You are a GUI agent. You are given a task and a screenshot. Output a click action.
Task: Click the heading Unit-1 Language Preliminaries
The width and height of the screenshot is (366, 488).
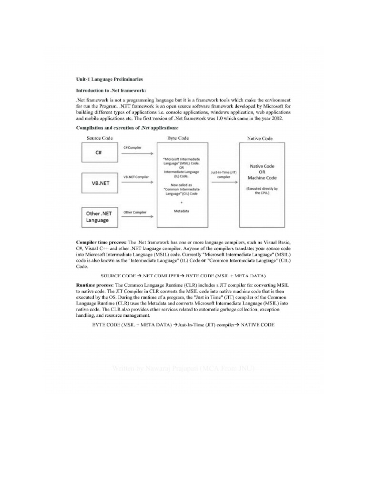point(109,79)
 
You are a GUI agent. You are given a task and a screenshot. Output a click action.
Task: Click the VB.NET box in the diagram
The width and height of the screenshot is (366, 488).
point(99,183)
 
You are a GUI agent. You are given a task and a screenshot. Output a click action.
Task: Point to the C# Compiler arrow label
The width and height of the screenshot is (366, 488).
point(132,148)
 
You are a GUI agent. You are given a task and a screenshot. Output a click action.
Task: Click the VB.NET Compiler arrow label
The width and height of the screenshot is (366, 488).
point(136,177)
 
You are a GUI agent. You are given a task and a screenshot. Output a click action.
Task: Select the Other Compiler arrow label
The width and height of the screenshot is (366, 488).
point(135,212)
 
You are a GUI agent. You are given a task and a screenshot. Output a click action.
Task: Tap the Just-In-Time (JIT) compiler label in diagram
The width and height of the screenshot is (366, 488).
point(224,174)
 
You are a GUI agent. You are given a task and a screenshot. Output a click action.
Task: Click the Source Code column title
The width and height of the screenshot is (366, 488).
point(100,138)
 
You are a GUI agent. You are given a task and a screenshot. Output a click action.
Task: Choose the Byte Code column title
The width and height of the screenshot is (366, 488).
point(178,138)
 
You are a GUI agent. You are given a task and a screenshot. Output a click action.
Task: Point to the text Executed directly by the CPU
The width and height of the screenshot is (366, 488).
point(262,191)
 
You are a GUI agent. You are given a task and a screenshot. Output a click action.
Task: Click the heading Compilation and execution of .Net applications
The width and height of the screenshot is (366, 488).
point(127,128)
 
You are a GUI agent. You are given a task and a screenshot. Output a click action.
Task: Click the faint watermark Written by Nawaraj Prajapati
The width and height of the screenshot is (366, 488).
point(183,368)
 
